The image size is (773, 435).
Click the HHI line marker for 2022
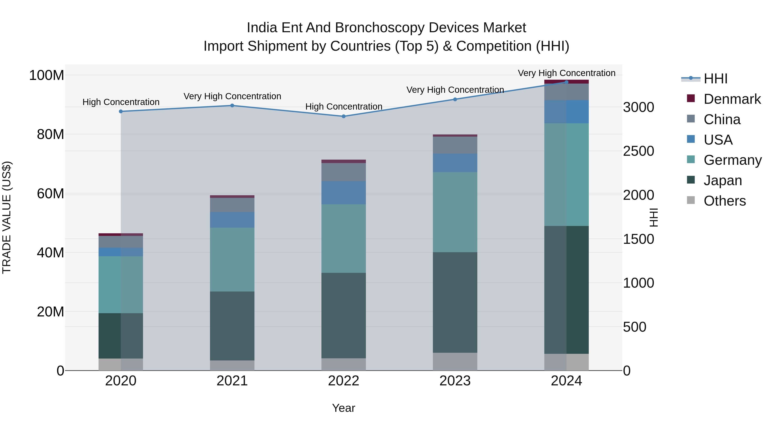click(x=344, y=116)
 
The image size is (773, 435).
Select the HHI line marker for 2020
click(x=121, y=111)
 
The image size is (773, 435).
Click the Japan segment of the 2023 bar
click(x=455, y=302)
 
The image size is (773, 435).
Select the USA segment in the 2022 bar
click(x=344, y=192)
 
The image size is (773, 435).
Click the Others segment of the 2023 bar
click(x=455, y=362)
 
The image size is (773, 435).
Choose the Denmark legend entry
click(x=732, y=99)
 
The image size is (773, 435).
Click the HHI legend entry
click(x=715, y=79)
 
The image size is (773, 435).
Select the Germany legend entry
click(x=732, y=160)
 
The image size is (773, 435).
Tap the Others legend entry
click(x=724, y=201)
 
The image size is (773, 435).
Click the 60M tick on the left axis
click(x=50, y=194)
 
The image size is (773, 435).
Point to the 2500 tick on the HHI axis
click(x=639, y=151)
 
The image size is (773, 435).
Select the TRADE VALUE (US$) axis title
click(x=7, y=217)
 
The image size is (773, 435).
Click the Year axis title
click(x=344, y=408)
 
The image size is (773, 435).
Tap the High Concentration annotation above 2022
click(x=344, y=107)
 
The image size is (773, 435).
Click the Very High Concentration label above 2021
click(x=232, y=96)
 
